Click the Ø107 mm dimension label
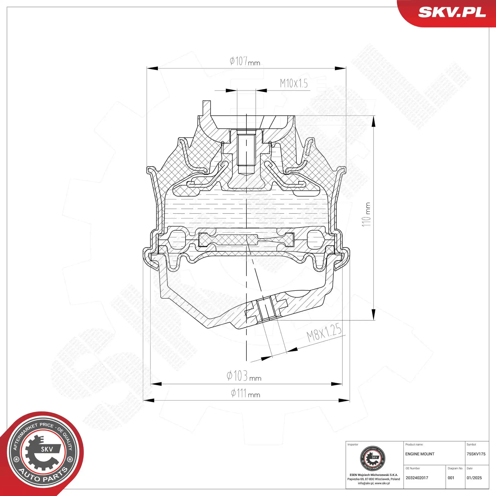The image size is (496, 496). pyautogui.click(x=244, y=62)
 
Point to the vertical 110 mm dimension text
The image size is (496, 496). pyautogui.click(x=366, y=214)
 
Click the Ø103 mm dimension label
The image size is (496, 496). pyautogui.click(x=244, y=376)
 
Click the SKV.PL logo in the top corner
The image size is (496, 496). pyautogui.click(x=452, y=12)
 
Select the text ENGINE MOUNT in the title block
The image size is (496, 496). pyautogui.click(x=420, y=454)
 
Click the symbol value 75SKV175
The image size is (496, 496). pyautogui.click(x=476, y=454)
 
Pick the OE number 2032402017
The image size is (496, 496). pyautogui.click(x=417, y=478)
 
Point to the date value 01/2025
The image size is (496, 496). pyautogui.click(x=474, y=478)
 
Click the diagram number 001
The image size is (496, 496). pyautogui.click(x=451, y=478)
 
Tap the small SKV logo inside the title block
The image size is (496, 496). pyautogui.click(x=373, y=459)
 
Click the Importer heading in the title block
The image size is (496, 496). pyautogui.click(x=353, y=444)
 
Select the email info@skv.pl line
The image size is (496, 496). pyautogui.click(x=374, y=483)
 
